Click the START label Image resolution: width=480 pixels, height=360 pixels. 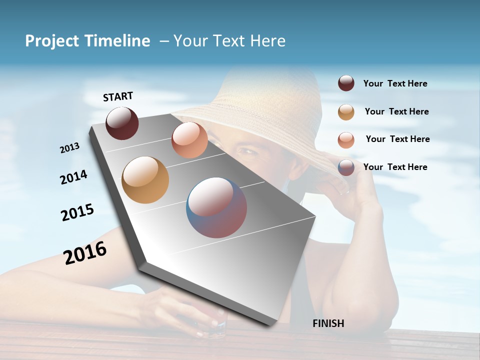coord(118,96)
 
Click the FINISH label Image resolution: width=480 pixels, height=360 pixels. coord(328,323)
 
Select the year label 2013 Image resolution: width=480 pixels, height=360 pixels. coord(69,148)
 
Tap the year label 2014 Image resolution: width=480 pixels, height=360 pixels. coord(73,177)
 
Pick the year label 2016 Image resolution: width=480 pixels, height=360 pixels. coord(85,253)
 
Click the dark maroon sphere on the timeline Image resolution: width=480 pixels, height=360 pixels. coord(122,123)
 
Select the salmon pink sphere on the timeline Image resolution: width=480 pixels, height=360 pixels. coord(189,140)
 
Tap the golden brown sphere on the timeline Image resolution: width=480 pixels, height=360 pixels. coord(145,180)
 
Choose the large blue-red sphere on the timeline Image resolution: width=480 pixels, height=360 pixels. coord(216,207)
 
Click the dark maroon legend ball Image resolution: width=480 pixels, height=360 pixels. coord(346,83)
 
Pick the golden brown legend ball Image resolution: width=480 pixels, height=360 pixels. coord(346,112)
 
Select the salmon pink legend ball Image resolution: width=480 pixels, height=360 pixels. coord(346,140)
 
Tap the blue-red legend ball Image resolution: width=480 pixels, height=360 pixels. coord(346,167)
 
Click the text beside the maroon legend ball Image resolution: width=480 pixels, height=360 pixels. coord(395,84)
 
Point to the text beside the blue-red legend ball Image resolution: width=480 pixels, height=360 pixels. coord(395,167)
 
